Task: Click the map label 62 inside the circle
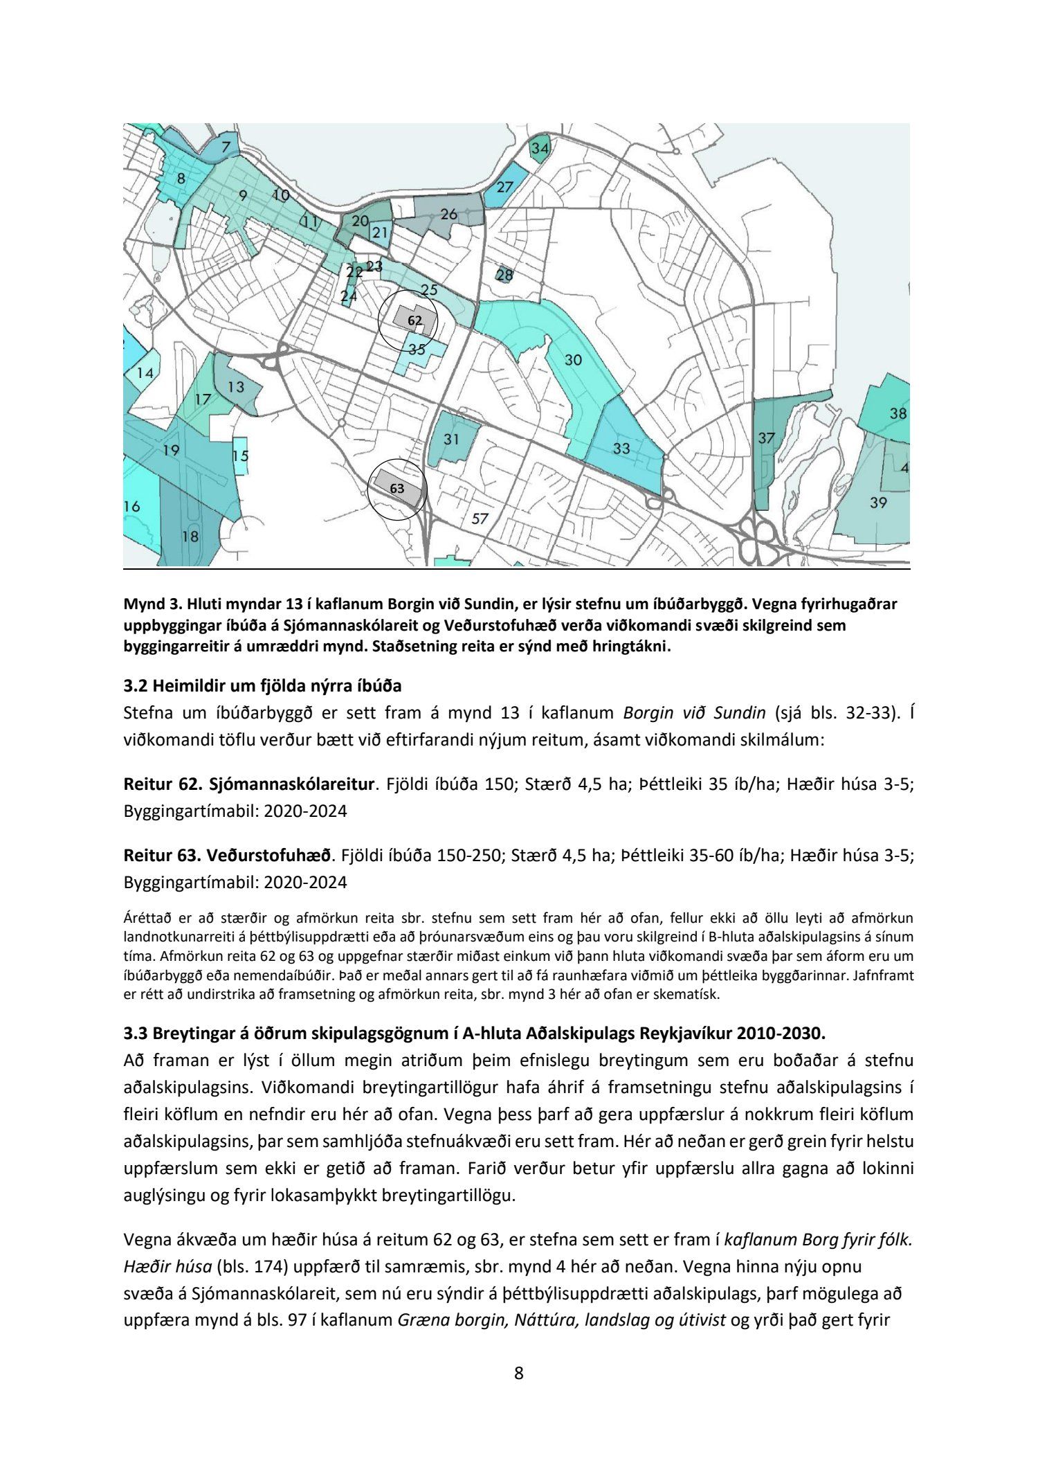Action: tap(415, 321)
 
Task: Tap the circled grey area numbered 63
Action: tap(397, 488)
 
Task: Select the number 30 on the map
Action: tap(573, 360)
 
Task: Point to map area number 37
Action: tap(766, 438)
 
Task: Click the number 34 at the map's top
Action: tap(540, 148)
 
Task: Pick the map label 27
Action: tap(504, 187)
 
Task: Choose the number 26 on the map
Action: tap(448, 215)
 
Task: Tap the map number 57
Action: tap(480, 519)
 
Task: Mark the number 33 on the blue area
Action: tap(621, 449)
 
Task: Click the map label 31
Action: tap(451, 439)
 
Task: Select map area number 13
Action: tap(236, 386)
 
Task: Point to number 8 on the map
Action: tap(181, 178)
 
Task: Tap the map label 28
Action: tap(505, 275)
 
